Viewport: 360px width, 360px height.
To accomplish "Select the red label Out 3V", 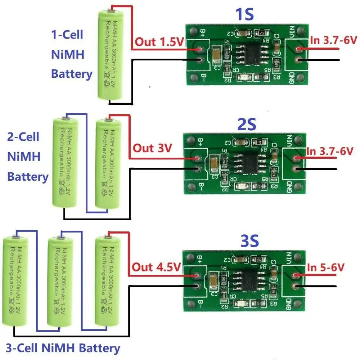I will pyautogui.click(x=152, y=148).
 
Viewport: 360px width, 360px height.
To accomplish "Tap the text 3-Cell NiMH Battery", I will pyautogui.click(x=61, y=348).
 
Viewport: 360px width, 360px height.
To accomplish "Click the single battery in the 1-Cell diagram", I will pyautogui.click(x=110, y=54).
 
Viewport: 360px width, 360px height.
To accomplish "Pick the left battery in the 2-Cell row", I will pyautogui.click(x=65, y=162).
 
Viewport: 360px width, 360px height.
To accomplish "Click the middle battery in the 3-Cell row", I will pyautogui.click(x=60, y=281).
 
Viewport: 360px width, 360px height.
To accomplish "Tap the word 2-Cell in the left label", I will pyautogui.click(x=23, y=137).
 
